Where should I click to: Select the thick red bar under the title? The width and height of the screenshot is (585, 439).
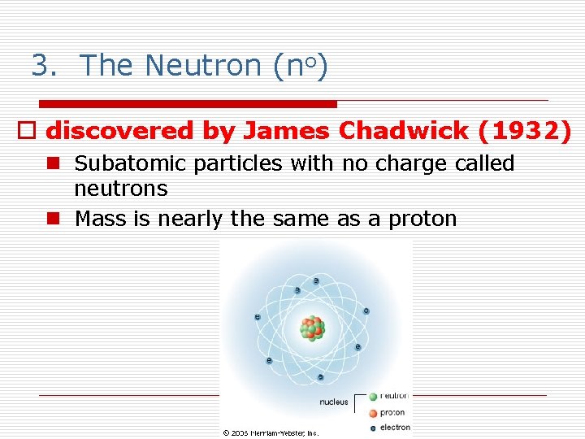tap(188, 104)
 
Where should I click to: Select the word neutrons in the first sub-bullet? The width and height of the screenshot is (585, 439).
tap(120, 189)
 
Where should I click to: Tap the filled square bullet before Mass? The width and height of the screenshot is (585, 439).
tap(54, 219)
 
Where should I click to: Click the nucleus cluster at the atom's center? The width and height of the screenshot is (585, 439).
tap(312, 328)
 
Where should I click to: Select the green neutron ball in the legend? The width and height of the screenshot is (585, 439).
tap(373, 397)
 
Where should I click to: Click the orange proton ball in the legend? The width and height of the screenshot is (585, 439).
tap(373, 412)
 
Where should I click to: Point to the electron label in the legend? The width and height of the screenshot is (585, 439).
tap(395, 427)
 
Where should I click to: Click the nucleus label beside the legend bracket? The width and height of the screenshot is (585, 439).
tap(333, 402)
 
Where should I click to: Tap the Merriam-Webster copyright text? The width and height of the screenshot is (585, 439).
tap(271, 432)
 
